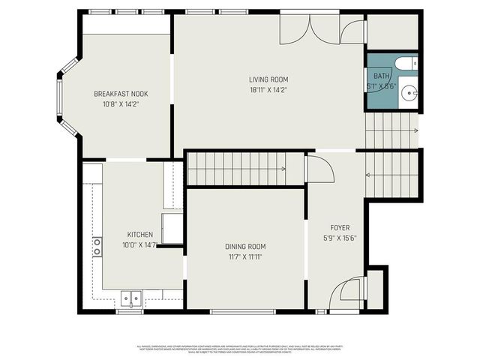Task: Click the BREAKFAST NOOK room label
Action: [x=121, y=94]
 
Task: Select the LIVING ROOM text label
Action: [x=268, y=79]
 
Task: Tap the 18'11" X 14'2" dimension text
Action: [x=268, y=90]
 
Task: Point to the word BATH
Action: [x=381, y=76]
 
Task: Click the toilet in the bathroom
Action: [x=406, y=64]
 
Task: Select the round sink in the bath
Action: [x=409, y=94]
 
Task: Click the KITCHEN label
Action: [x=140, y=234]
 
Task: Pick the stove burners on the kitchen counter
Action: [x=97, y=247]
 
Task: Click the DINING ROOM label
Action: [x=245, y=246]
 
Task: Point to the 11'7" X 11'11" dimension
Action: [x=245, y=256]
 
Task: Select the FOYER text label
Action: [x=340, y=227]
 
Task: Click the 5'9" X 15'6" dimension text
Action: [x=340, y=238]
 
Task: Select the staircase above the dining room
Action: [x=237, y=169]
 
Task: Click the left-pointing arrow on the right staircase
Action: [x=369, y=175]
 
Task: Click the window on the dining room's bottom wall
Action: [x=237, y=310]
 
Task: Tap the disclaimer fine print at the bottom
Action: [x=240, y=349]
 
